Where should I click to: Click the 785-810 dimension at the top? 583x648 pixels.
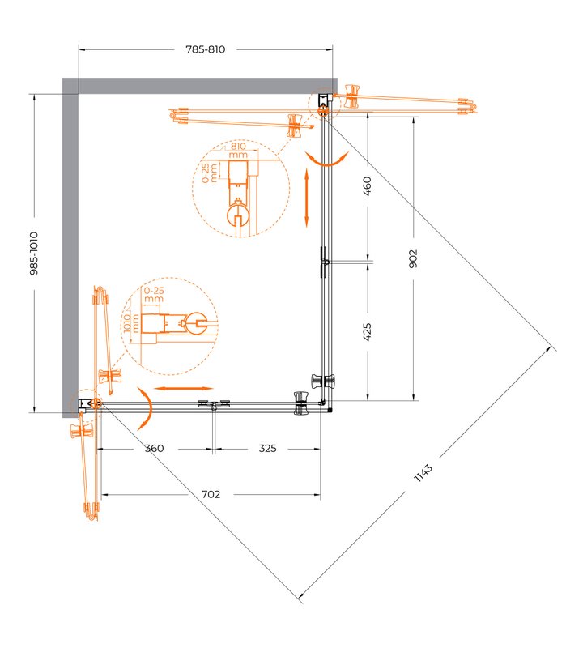tap(206, 49)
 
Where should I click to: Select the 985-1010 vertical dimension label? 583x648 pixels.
tap(34, 254)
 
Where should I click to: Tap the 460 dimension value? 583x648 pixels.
tap(367, 186)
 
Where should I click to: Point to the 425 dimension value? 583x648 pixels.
tap(367, 332)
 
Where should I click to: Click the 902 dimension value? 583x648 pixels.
tap(413, 258)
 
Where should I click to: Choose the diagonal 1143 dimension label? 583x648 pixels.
tap(423, 473)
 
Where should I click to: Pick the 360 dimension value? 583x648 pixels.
tap(154, 449)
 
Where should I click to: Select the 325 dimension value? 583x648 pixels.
tap(267, 449)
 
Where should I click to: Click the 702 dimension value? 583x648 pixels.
tap(211, 494)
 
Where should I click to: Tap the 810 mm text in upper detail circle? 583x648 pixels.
tap(238, 151)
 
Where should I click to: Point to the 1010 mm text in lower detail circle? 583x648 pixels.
tap(131, 323)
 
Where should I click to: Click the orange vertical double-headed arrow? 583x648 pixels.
tap(307, 198)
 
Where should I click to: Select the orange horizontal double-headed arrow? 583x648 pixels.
tap(183, 389)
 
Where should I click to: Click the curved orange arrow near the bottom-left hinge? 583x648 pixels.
tap(147, 408)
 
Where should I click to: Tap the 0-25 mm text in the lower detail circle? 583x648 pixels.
tap(154, 295)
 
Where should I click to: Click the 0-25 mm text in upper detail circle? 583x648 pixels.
tap(210, 173)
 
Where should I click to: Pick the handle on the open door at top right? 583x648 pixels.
tap(351, 96)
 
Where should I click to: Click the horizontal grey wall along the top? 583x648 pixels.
tap(200, 86)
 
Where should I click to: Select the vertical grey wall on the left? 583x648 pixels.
tap(70, 248)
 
